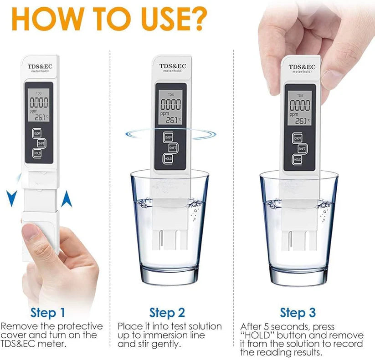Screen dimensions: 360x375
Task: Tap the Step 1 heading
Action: pyautogui.click(x=48, y=313)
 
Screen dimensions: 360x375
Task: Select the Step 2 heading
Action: pyautogui.click(x=167, y=313)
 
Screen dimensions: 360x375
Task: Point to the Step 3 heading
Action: pyautogui.click(x=298, y=313)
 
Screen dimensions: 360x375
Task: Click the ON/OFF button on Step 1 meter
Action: pyautogui.click(x=37, y=133)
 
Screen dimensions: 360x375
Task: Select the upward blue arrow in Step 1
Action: pyautogui.click(x=67, y=198)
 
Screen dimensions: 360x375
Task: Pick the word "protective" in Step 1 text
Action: pyautogui.click(x=80, y=326)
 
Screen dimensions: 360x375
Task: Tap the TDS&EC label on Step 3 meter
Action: pyautogui.click(x=300, y=67)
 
